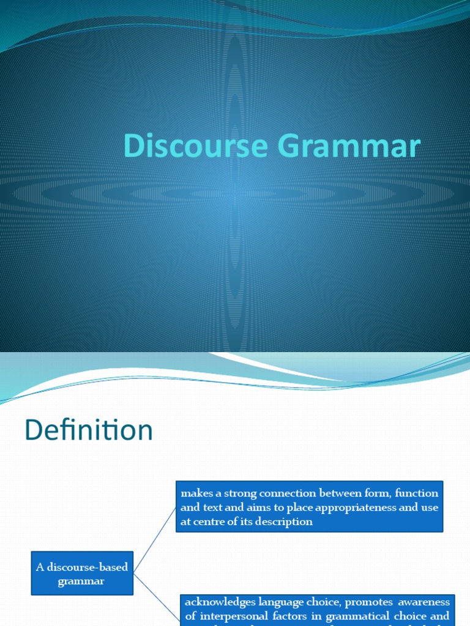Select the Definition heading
89,431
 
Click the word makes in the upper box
195,493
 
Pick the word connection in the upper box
280,493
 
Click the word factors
292,616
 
